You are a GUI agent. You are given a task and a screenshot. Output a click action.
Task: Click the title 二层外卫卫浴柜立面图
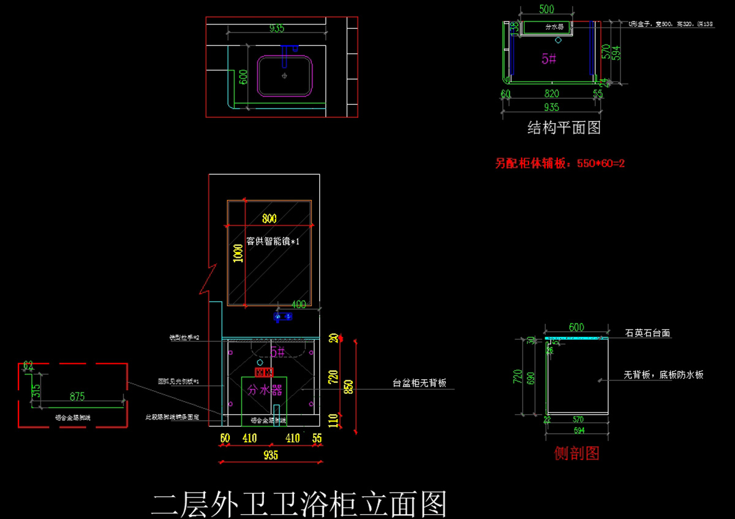[299, 504]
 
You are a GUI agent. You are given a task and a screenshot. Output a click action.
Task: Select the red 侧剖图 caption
[576, 453]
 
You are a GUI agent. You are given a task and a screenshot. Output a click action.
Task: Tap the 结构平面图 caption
[563, 128]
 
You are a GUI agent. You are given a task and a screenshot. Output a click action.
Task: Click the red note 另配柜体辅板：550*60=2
[559, 164]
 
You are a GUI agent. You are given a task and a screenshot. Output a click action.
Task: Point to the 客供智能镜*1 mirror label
[273, 241]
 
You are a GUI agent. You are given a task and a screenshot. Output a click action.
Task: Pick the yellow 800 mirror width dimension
[269, 218]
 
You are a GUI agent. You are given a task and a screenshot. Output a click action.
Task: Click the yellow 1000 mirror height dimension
[238, 253]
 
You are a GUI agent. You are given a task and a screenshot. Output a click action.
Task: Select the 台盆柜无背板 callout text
[420, 383]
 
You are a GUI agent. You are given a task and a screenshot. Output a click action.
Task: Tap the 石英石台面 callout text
[647, 333]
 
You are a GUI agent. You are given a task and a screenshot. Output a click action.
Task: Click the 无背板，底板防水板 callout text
[663, 375]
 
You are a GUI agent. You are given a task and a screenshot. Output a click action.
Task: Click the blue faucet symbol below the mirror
[282, 317]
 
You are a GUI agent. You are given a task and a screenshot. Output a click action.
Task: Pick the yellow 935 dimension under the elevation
[270, 455]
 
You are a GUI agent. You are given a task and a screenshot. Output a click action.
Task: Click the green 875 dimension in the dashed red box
[77, 396]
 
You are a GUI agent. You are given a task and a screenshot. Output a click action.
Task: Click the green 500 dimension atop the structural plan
[546, 9]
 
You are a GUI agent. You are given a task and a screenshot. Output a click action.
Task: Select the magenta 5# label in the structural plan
[549, 59]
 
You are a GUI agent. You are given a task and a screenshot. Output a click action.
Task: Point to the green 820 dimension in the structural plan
[552, 93]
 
